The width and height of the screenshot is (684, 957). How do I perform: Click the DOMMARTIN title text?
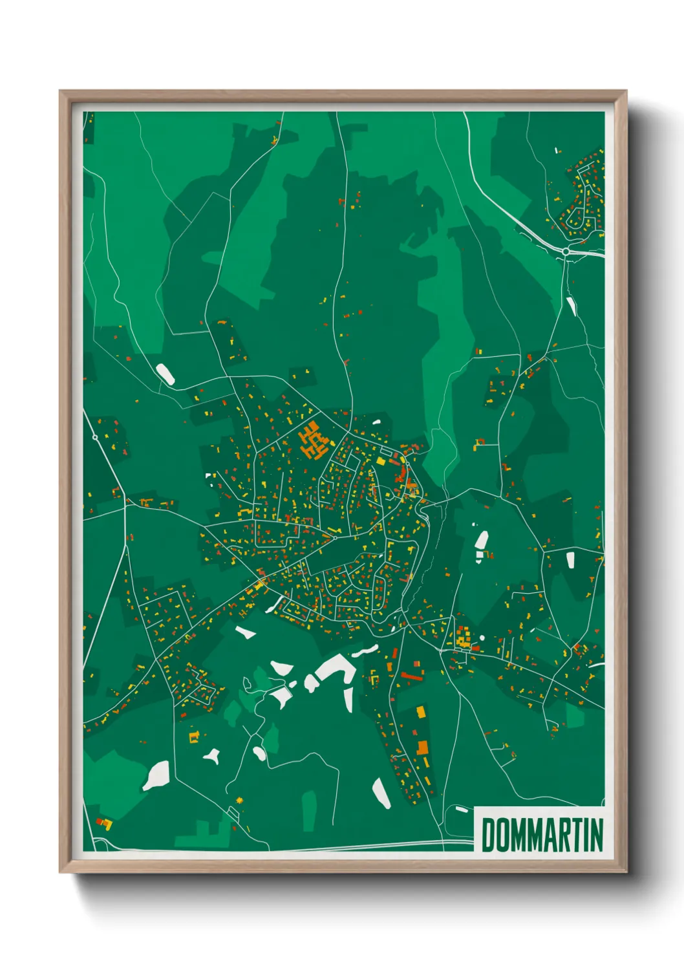pos(542,835)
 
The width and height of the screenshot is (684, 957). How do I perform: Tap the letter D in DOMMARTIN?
pos(488,835)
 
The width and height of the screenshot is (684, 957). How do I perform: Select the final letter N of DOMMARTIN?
pos(596,835)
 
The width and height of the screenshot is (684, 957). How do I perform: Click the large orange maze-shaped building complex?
pos(314,441)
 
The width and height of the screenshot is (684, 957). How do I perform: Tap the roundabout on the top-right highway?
pos(566,251)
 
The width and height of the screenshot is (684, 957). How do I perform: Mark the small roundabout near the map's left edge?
pos(95,438)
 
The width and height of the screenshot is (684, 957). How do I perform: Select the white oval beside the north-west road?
pos(165,374)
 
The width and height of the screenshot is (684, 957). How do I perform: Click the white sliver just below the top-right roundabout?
pos(572,306)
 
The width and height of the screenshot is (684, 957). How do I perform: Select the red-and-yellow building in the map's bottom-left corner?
pos(103,823)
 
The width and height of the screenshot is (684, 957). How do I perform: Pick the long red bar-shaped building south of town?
pos(411,676)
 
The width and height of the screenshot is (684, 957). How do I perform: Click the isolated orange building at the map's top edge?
pos(276,138)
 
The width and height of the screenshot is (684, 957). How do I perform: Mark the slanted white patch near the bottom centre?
pos(381,793)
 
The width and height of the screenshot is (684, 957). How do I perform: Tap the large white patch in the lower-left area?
pos(156,775)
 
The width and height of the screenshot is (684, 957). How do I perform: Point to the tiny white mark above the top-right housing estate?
pos(556,151)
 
